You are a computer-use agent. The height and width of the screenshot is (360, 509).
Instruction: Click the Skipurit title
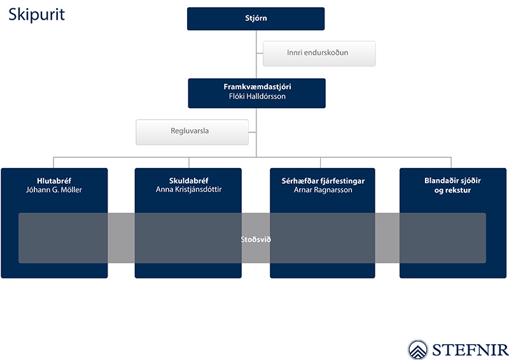point(36,15)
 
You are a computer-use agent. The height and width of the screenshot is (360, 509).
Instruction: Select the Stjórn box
point(256,18)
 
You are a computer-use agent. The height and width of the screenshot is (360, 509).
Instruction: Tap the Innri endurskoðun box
point(319,53)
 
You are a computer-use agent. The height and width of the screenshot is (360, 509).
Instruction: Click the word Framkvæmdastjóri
point(257,87)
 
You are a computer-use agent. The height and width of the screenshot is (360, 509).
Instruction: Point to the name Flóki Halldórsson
point(257,97)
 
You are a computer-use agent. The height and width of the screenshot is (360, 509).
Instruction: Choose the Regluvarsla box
point(192,132)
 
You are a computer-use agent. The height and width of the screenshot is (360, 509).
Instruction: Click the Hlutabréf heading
point(54,181)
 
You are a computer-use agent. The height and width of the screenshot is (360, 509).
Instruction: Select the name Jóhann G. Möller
point(54,190)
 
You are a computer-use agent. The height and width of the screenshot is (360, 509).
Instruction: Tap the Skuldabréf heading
point(188,181)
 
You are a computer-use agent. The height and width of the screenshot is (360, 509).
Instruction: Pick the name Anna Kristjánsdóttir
point(188,190)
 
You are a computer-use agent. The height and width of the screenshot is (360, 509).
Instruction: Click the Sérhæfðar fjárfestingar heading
point(323,181)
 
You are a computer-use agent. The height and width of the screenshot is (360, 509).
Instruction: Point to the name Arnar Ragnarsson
point(323,190)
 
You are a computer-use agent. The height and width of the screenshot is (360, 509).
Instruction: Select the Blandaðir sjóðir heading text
point(452,181)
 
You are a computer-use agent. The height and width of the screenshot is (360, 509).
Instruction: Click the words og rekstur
point(452,190)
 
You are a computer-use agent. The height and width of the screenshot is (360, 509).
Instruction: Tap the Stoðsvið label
point(256,240)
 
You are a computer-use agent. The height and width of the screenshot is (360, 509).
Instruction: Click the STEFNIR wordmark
point(470,350)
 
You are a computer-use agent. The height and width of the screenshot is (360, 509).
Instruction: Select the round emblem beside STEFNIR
point(418,350)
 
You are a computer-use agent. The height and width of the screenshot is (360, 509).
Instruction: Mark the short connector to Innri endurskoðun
point(260,53)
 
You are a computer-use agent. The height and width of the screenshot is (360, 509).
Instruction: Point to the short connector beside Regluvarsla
point(252,132)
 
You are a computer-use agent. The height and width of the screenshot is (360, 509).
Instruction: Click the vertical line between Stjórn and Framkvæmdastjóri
point(256,54)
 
